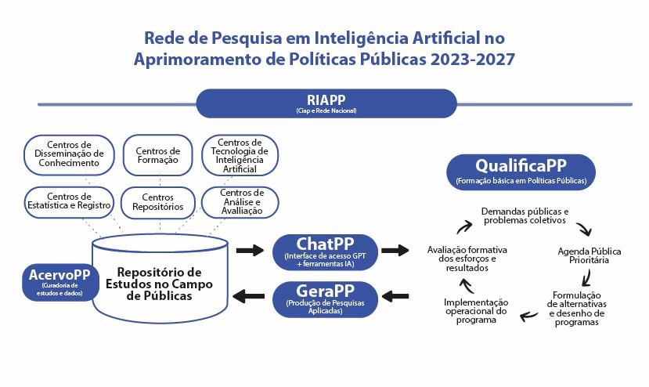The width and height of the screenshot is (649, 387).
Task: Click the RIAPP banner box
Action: (x=326, y=103)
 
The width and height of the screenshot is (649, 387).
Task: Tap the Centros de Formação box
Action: (x=157, y=155)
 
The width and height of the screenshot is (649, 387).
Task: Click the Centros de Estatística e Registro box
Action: (x=69, y=201)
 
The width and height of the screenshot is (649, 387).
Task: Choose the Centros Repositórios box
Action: (x=157, y=202)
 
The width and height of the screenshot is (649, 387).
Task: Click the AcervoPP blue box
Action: (x=53, y=283)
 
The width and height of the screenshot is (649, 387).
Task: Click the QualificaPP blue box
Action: (x=521, y=172)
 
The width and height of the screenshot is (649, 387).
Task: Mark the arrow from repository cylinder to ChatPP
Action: (x=250, y=251)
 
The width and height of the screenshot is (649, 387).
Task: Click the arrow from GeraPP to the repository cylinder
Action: (x=250, y=296)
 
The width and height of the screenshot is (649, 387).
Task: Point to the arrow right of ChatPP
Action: (x=395, y=251)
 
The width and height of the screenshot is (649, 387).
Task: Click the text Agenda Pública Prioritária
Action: (x=589, y=256)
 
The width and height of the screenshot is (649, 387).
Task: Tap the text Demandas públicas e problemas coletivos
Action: (x=525, y=216)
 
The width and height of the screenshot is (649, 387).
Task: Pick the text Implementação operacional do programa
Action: (x=475, y=310)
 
